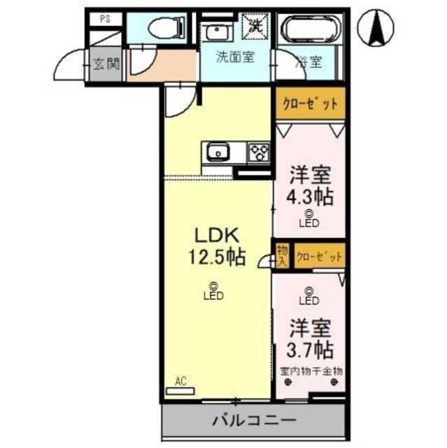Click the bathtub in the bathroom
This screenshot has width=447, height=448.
point(309,31)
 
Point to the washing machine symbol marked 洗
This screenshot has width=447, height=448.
point(253,26)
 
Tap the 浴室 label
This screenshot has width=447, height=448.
point(309,62)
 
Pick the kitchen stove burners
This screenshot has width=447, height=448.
point(259,152)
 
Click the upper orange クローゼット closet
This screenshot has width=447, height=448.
point(310,104)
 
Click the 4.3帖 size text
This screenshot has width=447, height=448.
point(308,196)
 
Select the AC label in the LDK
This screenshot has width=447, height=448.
point(181,381)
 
